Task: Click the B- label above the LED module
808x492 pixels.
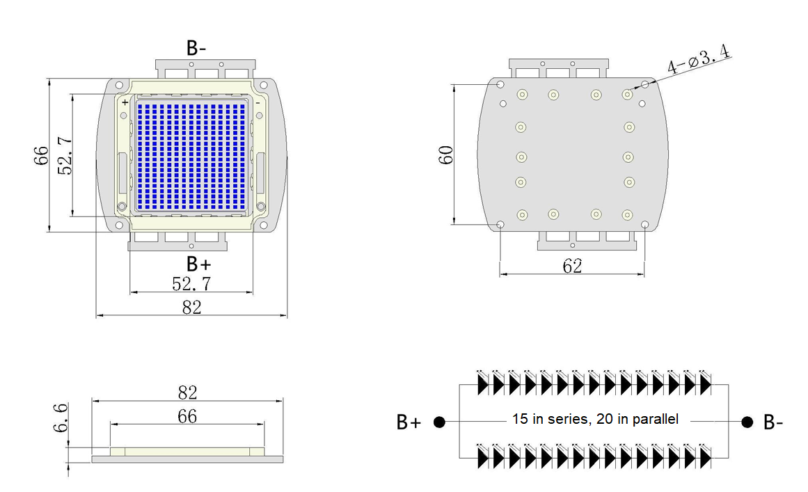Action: [196, 48]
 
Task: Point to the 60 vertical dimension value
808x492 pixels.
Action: [447, 154]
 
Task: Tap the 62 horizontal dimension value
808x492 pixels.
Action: [573, 265]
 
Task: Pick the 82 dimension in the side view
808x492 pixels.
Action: [188, 392]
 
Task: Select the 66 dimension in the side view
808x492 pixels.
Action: [187, 416]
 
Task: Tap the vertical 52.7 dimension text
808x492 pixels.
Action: [64, 156]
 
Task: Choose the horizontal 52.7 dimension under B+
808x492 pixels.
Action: [191, 284]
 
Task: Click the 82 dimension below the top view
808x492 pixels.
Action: [191, 307]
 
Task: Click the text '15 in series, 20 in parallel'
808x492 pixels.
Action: [595, 420]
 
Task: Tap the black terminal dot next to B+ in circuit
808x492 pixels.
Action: [439, 422]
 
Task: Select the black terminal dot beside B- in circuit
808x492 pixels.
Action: [747, 422]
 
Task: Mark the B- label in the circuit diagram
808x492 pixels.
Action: [773, 422]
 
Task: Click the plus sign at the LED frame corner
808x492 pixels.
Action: [125, 102]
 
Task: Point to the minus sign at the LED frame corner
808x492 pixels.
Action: [258, 102]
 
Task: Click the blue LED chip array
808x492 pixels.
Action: [191, 156]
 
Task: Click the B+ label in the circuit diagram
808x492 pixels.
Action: [409, 422]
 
